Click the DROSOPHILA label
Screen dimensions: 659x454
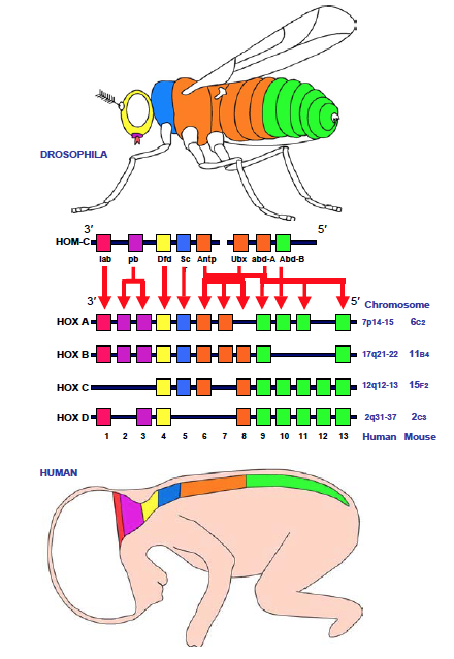pyautogui.click(x=74, y=154)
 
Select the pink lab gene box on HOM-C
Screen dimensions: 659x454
pyautogui.click(x=104, y=242)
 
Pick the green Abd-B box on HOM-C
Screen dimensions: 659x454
pyautogui.click(x=283, y=242)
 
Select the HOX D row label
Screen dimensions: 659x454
pyautogui.click(x=73, y=417)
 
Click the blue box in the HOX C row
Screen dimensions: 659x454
pyautogui.click(x=184, y=386)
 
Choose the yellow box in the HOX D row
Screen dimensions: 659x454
pyautogui.click(x=164, y=416)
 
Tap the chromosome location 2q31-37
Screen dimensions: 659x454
pyautogui.click(x=380, y=417)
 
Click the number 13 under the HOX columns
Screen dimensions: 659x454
pyautogui.click(x=343, y=437)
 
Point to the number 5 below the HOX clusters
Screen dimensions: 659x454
pyautogui.click(x=184, y=437)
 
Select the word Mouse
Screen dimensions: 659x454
pyautogui.click(x=420, y=437)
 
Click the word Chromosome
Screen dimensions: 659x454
pyautogui.click(x=397, y=305)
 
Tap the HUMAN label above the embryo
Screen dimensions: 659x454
pyautogui.click(x=59, y=472)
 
